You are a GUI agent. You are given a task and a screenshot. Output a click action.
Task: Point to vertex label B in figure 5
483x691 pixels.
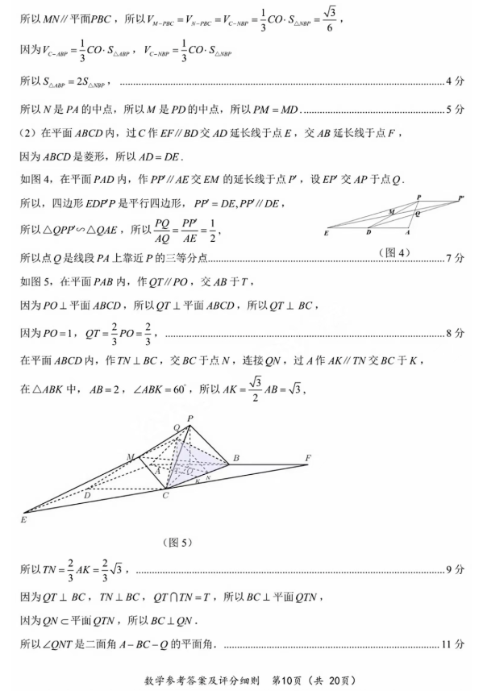coord(235,459)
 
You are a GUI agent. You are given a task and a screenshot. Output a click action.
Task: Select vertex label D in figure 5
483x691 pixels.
coord(87,493)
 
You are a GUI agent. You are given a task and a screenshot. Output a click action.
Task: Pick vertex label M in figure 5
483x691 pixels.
coord(130,457)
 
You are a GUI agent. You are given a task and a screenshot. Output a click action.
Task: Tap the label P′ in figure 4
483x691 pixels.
coord(460,198)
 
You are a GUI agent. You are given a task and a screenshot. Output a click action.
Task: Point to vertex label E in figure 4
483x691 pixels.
coord(326,232)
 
